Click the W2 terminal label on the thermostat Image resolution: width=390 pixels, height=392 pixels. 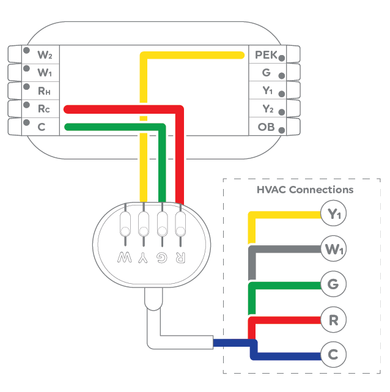(x=45, y=55)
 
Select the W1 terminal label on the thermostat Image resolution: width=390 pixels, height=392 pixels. (x=45, y=73)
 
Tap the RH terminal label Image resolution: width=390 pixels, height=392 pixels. (x=45, y=91)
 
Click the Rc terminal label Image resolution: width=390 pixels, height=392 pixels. (x=44, y=109)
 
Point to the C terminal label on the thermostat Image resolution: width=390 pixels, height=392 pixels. (x=42, y=127)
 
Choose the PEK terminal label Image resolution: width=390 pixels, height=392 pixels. (x=266, y=55)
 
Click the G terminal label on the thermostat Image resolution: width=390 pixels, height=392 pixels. (x=266, y=73)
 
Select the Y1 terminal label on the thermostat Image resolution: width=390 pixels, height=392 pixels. (x=267, y=91)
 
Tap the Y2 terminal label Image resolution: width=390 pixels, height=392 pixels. (x=267, y=109)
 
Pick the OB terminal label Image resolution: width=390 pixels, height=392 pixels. (x=266, y=127)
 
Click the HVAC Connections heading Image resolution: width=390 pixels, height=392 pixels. (x=305, y=190)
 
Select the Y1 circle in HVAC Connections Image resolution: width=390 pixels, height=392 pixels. (x=334, y=214)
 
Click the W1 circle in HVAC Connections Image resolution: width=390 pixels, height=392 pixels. (x=334, y=249)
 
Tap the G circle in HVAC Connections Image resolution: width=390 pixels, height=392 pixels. (x=334, y=284)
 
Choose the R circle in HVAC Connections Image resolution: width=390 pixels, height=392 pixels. (x=334, y=319)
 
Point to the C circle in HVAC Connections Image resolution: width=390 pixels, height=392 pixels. (x=334, y=355)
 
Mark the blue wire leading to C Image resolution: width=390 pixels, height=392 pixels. (x=287, y=355)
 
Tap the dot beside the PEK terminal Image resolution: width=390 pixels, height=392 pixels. (x=282, y=58)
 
